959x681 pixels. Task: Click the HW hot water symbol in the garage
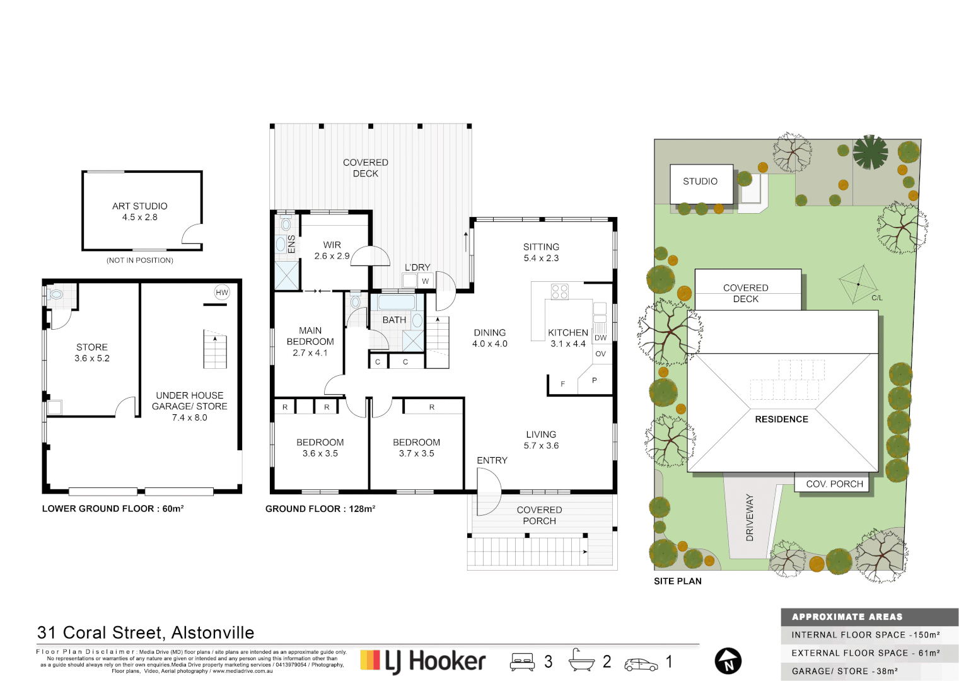click(x=222, y=292)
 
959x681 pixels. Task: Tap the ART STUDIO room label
click(x=140, y=211)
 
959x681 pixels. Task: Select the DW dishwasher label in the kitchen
click(x=600, y=338)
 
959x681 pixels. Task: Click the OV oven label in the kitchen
click(x=600, y=354)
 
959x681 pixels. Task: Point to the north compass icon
click(x=728, y=661)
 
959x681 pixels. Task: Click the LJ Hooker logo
click(x=423, y=661)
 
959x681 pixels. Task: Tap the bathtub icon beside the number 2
click(x=581, y=660)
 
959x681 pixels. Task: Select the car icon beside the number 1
click(x=641, y=664)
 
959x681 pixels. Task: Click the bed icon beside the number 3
click(x=522, y=661)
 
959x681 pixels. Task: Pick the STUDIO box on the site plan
click(x=700, y=182)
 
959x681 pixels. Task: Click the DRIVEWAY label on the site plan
click(x=750, y=517)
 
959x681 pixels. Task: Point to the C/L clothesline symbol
click(x=859, y=284)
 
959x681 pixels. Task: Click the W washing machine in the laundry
click(x=425, y=281)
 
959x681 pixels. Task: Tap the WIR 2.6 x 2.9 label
click(x=332, y=250)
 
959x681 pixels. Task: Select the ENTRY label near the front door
click(x=492, y=460)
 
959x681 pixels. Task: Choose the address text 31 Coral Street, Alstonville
click(x=146, y=632)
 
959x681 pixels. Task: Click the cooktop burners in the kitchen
click(x=560, y=291)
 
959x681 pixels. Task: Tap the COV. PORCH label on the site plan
click(x=834, y=484)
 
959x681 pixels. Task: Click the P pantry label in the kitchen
click(x=594, y=380)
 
